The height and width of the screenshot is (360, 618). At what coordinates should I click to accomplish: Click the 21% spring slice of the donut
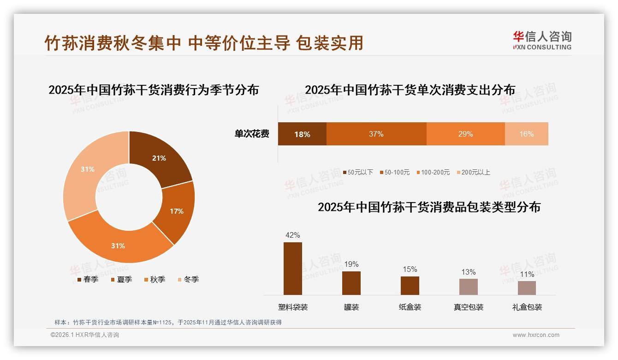159,158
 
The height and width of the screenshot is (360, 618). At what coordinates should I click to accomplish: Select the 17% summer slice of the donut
175,211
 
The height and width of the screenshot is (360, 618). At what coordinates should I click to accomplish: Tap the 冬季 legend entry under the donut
188,279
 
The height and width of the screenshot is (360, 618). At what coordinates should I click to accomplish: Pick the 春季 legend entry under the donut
87,279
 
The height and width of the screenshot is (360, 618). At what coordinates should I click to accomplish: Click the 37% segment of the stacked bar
376,134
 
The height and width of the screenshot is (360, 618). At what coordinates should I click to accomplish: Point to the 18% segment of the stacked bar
302,134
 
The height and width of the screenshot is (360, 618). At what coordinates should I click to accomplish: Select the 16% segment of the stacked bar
526,134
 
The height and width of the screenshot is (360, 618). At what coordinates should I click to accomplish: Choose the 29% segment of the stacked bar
465,134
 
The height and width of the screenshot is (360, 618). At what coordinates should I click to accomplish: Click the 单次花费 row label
252,134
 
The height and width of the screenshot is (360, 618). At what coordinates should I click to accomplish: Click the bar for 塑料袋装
292,268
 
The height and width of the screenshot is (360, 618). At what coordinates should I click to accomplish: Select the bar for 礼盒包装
527,288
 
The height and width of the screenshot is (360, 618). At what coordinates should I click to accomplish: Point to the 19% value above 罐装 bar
351,264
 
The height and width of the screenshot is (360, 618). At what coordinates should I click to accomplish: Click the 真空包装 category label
468,307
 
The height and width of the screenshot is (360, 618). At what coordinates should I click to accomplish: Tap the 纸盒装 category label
410,307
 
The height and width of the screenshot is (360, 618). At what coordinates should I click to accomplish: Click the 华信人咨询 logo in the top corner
542,40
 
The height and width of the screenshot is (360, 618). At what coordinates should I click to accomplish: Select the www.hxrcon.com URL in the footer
536,335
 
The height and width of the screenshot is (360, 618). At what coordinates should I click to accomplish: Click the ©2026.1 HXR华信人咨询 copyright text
85,335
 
